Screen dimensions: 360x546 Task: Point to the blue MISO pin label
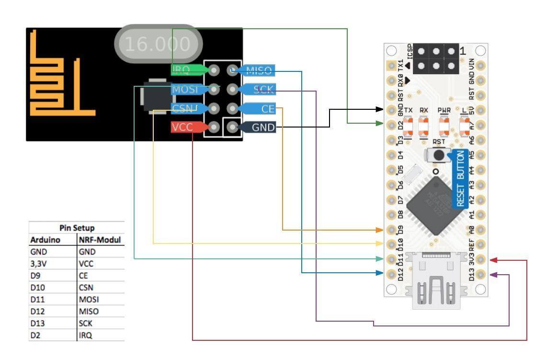click(x=259, y=71)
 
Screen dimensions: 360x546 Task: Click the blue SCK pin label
click(x=262, y=89)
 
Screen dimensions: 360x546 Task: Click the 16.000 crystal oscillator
click(x=157, y=44)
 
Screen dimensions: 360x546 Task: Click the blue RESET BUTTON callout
click(x=460, y=178)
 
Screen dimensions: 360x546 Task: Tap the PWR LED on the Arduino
click(x=444, y=126)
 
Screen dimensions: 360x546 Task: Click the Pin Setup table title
click(x=77, y=228)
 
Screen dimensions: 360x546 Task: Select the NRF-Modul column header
click(x=99, y=240)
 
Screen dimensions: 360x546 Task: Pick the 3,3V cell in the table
click(x=39, y=264)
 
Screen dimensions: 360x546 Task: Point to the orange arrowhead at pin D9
click(x=378, y=230)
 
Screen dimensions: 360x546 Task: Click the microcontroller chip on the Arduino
click(x=430, y=206)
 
